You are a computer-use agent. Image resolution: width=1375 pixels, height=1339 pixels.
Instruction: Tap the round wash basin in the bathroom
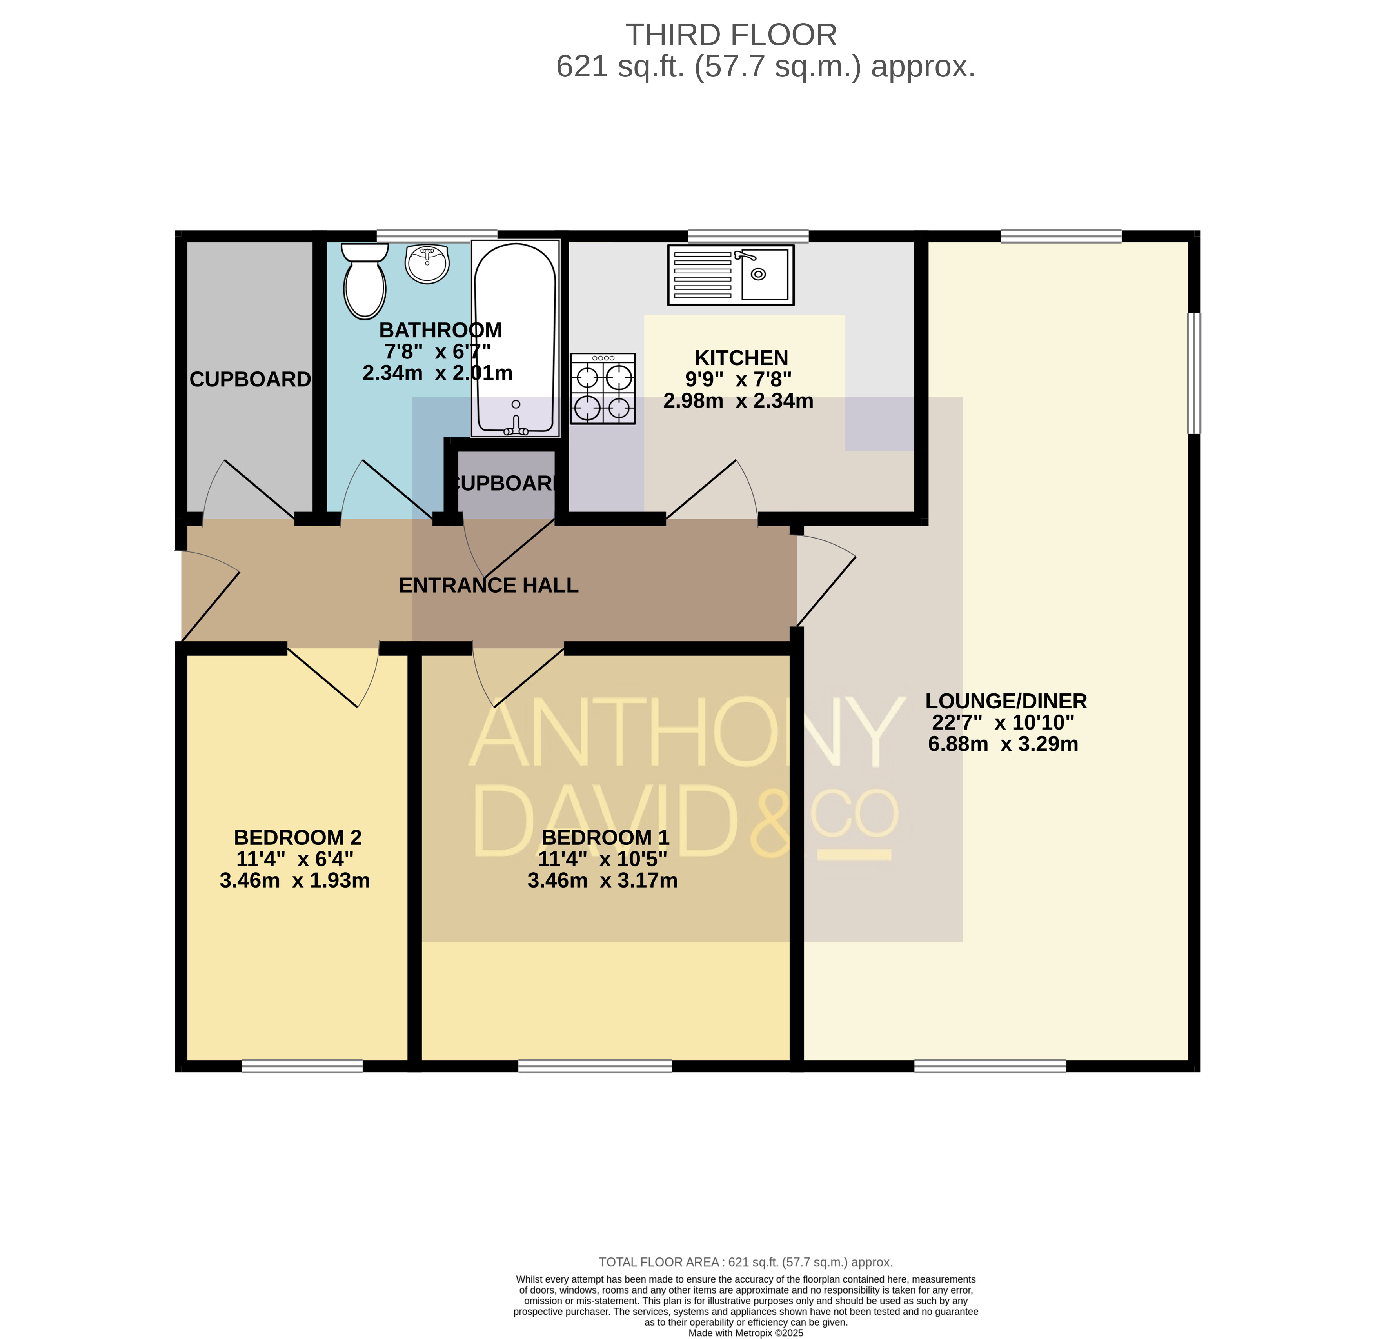[x=427, y=264]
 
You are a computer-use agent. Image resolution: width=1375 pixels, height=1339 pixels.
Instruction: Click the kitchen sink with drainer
[x=731, y=274]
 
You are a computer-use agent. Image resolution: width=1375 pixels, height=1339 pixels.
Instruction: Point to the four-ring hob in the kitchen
[x=603, y=388]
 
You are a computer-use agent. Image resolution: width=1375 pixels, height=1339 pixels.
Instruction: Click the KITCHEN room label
[x=742, y=358]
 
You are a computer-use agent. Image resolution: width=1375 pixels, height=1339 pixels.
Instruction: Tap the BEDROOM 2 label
[x=298, y=838]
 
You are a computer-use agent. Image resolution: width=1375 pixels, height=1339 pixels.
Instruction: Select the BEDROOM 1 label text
[x=606, y=838]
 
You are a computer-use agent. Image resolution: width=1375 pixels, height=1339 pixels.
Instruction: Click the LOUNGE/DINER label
[x=1006, y=701]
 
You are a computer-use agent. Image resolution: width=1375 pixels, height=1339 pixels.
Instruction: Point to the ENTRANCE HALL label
[x=489, y=585]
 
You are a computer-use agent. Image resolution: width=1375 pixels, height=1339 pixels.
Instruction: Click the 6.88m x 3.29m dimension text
[x=1003, y=744]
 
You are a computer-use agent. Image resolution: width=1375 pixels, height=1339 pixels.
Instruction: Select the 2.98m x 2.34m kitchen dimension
[x=739, y=401]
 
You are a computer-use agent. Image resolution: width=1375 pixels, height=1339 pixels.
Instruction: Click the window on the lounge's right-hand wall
[x=1194, y=373]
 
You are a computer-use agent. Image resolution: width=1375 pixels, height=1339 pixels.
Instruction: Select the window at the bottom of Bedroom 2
[x=302, y=1066]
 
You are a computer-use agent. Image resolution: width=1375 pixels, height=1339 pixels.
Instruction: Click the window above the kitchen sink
[x=748, y=236]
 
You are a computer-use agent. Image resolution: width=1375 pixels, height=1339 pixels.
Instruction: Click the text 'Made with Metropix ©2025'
[x=746, y=1333]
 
